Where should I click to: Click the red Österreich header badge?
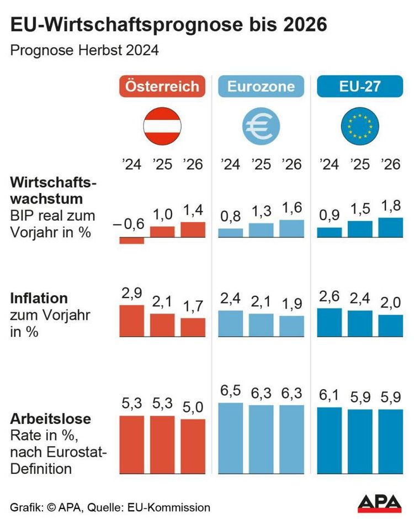point(162,87)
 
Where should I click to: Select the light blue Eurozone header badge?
point(261,87)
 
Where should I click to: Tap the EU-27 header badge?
point(360,87)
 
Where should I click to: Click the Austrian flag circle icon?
point(162,127)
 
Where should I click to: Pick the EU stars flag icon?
point(360,127)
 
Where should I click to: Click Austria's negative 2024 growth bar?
point(132,240)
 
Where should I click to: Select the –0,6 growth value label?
point(131,224)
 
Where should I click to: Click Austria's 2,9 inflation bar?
point(132,321)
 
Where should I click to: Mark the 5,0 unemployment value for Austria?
point(193,407)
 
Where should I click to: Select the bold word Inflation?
point(39,298)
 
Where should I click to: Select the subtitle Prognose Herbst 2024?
point(84,51)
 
